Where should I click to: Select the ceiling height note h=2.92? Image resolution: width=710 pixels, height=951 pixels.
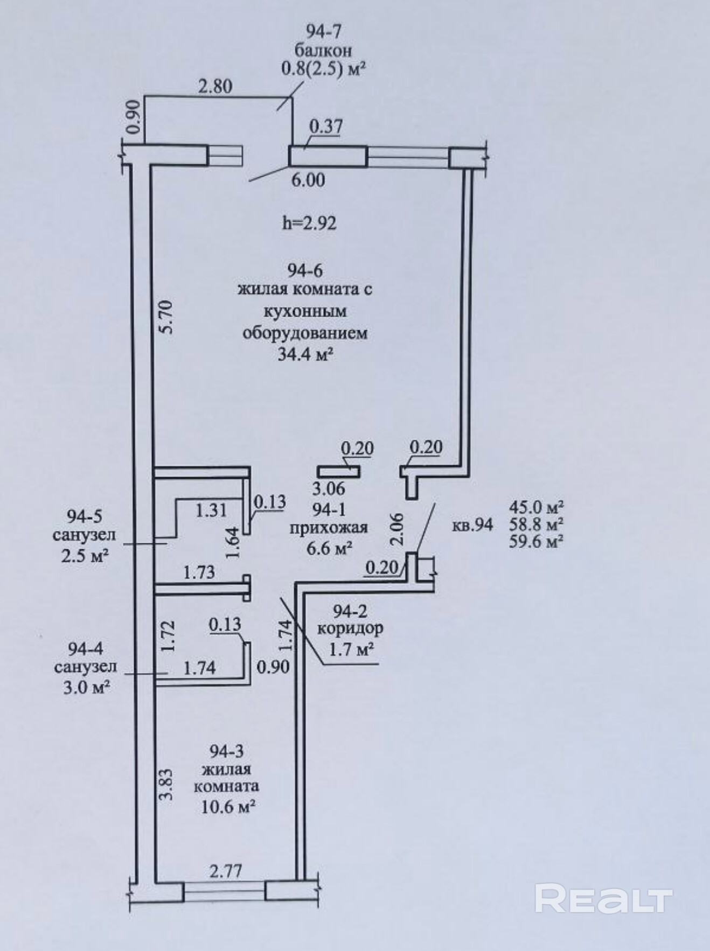309,222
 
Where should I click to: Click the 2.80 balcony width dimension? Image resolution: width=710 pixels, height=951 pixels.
215,86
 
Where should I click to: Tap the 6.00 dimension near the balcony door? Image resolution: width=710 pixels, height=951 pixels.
308,179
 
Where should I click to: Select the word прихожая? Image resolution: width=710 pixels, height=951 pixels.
329,527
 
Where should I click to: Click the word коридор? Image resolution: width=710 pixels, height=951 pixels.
350,628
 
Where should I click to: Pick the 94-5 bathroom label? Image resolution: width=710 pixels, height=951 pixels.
85,516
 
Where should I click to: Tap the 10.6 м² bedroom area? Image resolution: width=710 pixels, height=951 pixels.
228,807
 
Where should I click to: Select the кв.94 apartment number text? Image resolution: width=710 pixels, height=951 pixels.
472,525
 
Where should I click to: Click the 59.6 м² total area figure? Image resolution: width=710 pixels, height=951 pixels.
536,542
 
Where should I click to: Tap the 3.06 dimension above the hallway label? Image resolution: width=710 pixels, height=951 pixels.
329,488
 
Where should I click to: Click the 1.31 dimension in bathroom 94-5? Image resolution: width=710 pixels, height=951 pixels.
211,509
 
